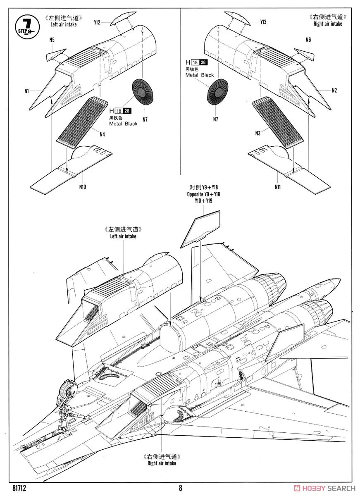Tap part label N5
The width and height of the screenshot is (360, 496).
click(x=52, y=40)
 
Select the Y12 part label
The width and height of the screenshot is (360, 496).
click(x=97, y=23)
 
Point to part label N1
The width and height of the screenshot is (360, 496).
click(x=26, y=91)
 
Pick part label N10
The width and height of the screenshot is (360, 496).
click(x=82, y=187)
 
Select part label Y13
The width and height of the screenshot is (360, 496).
click(x=263, y=22)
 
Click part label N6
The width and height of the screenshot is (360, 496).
click(x=308, y=40)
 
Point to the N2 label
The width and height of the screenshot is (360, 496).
click(x=334, y=91)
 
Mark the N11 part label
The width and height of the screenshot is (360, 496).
click(x=277, y=187)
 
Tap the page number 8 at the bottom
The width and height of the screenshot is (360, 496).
click(x=181, y=488)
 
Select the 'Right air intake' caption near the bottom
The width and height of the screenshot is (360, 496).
click(x=162, y=463)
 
